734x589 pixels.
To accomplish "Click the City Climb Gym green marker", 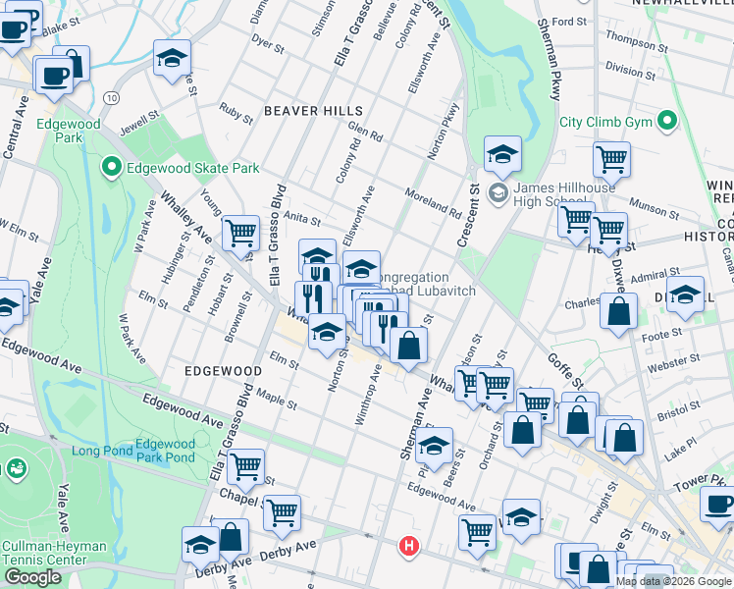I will (668, 123).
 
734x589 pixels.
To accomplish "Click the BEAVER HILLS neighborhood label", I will (313, 111).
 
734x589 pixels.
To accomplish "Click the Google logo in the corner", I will (33, 577).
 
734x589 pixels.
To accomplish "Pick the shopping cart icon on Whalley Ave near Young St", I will (240, 233).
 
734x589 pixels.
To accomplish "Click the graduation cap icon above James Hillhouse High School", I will (502, 153).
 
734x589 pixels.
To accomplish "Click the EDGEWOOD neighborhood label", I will (222, 371).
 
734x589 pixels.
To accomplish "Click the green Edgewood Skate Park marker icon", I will (111, 168).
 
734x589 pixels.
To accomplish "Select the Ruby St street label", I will (236, 112).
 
